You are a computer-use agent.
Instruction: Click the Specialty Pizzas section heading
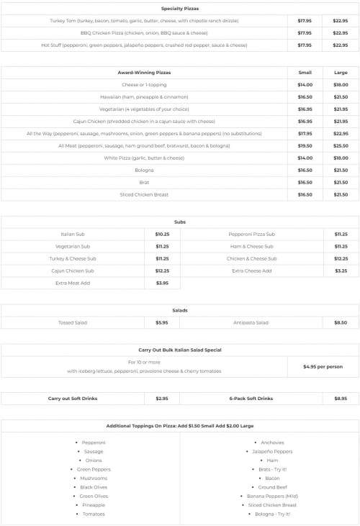tap(180, 9)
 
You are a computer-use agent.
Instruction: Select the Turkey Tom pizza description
tap(145, 21)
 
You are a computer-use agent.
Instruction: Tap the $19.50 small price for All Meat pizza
tap(305, 145)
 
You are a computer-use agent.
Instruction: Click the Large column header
tap(341, 73)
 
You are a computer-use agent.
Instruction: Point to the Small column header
tap(305, 73)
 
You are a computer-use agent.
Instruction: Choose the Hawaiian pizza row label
tap(145, 96)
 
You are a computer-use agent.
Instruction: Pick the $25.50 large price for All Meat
tap(341, 145)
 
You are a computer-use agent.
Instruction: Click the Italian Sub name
tap(73, 234)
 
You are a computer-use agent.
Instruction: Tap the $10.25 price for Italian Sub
tap(162, 234)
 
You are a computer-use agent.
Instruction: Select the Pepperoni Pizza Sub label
tap(251, 234)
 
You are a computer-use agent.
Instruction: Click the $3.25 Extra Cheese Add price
tap(341, 271)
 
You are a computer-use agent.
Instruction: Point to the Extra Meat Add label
tap(73, 283)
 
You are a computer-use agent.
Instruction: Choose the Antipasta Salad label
tap(251, 322)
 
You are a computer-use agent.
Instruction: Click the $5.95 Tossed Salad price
tap(162, 322)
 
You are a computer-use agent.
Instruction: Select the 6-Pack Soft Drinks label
tap(251, 398)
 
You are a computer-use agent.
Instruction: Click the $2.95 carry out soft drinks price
tap(162, 398)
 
